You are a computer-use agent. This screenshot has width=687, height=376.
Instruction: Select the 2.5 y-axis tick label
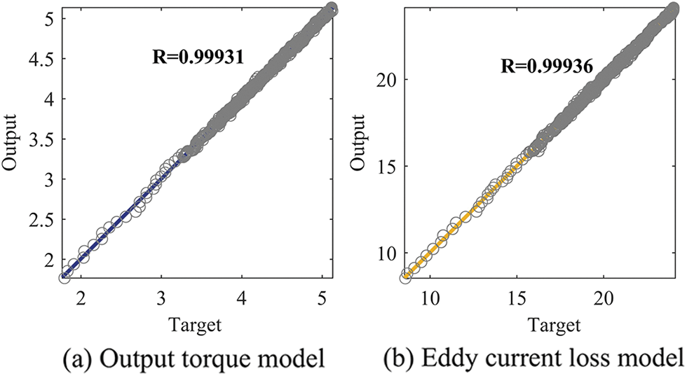(x=38, y=221)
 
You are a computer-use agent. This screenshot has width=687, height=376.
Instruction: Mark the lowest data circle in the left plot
(x=64, y=278)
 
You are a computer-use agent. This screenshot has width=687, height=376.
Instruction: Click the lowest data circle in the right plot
(x=405, y=278)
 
